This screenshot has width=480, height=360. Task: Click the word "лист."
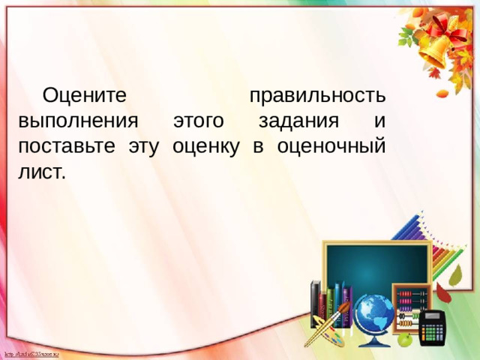tap(43, 171)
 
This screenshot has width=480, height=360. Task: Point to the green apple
tap(405, 340)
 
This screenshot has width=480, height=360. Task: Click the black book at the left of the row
tap(315, 304)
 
